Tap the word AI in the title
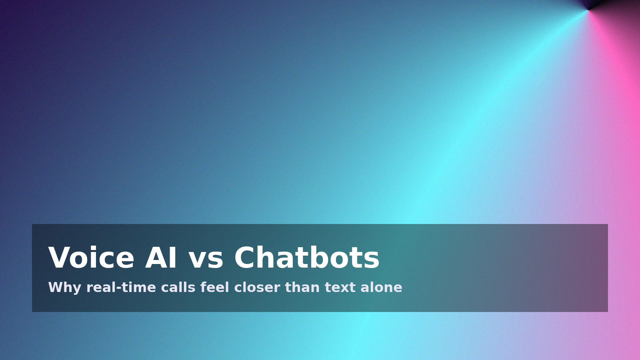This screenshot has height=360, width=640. (x=160, y=258)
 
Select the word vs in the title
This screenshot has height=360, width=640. (x=206, y=260)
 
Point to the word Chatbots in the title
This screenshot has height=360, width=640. (x=307, y=257)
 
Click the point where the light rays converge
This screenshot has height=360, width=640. (x=588, y=10)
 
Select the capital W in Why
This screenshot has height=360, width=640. (x=56, y=287)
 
